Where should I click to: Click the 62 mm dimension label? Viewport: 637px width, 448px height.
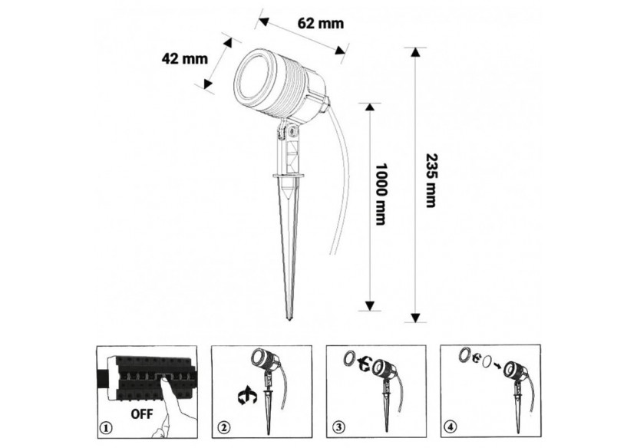click(x=321, y=24)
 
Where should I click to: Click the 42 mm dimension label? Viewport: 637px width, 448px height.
click(x=184, y=58)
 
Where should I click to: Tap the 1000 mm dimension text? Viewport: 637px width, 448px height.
click(x=380, y=194)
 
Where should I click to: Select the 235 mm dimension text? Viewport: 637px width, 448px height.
click(x=431, y=180)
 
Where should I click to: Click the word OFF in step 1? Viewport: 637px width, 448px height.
click(x=142, y=414)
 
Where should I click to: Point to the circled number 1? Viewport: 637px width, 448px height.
click(x=106, y=428)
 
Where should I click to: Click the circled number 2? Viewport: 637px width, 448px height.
click(x=223, y=428)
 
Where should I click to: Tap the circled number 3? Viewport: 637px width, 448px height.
click(x=338, y=428)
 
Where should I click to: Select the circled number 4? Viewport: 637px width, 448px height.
click(x=452, y=427)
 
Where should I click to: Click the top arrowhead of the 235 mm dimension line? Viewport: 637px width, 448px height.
click(x=414, y=52)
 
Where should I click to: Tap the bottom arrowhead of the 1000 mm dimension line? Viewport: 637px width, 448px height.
click(x=369, y=306)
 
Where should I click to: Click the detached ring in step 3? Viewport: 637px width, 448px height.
click(x=348, y=359)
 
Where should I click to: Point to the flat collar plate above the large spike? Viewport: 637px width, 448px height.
click(x=289, y=176)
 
